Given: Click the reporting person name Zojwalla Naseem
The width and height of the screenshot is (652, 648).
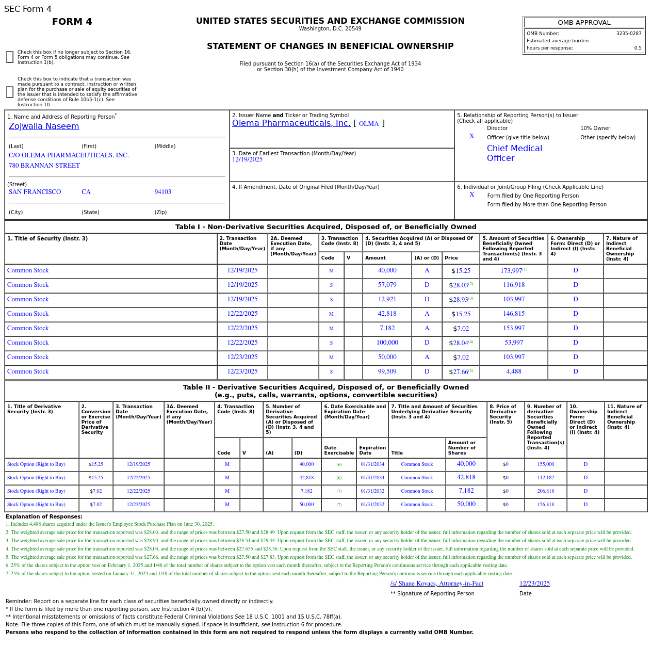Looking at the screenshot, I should [x=44, y=126].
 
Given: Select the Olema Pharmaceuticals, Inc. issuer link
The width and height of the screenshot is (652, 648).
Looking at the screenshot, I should [x=291, y=123].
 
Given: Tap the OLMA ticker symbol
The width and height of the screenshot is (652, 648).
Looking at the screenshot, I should [x=368, y=124].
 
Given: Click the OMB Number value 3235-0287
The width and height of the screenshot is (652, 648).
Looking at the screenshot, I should [x=628, y=34].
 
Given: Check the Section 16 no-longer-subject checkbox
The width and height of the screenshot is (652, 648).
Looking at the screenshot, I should [x=10, y=57].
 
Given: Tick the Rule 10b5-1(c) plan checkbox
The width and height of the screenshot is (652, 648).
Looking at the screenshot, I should [x=10, y=92].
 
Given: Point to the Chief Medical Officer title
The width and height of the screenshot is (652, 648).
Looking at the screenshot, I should [x=514, y=153].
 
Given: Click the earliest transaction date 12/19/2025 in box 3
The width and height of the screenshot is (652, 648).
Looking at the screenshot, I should [x=247, y=160].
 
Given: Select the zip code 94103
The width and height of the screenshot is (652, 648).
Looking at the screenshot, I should [x=162, y=192].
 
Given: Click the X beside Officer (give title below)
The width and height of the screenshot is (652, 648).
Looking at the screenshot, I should [x=471, y=137].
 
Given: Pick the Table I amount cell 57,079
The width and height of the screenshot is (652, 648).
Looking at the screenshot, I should [x=387, y=285].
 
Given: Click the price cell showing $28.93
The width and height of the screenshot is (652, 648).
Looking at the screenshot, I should [x=460, y=300].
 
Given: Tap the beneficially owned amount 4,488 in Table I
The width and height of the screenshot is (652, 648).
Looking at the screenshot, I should [x=513, y=371].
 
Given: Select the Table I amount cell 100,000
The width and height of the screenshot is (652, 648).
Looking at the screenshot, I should [x=387, y=343].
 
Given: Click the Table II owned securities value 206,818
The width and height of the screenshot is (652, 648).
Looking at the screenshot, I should [x=545, y=491].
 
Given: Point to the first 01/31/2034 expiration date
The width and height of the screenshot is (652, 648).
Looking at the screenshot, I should [x=372, y=464].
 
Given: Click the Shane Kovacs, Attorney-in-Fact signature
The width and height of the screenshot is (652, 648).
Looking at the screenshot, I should [x=436, y=584].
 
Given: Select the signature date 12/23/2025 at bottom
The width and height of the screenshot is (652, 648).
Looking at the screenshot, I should [x=534, y=584].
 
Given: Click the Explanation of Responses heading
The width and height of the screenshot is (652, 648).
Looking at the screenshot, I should [x=44, y=516].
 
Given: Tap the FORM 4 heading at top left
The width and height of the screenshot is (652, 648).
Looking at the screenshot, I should [x=72, y=22].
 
